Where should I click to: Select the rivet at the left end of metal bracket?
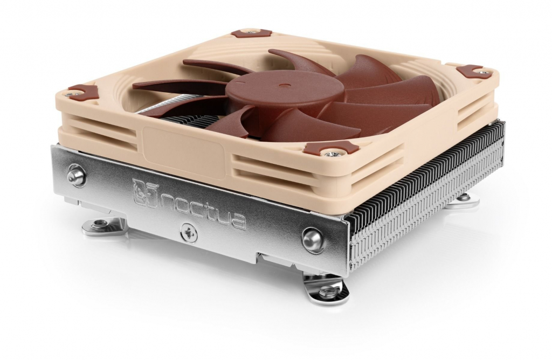pos(76,176)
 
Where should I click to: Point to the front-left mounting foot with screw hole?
pos(102,225)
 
